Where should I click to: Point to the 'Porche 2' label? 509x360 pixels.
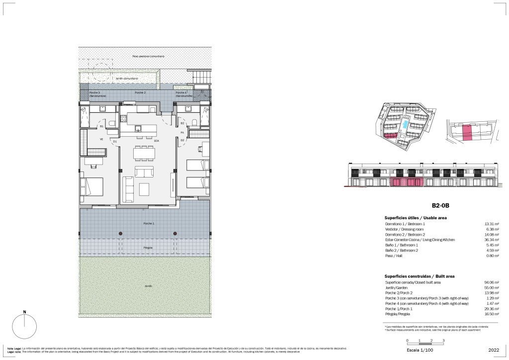(140, 93)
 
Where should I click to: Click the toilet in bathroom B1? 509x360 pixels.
(112, 123)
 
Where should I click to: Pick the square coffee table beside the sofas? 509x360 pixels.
(145, 190)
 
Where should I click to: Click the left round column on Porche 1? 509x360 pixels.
(121, 233)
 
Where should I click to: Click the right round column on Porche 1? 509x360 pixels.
(175, 233)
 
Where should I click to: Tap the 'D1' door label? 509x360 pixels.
(114, 142)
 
